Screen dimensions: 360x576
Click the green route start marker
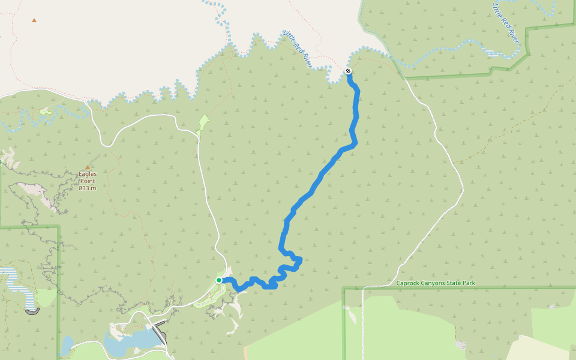[220, 280]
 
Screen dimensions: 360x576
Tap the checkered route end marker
[348, 71]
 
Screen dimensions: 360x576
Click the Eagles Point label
[88, 174]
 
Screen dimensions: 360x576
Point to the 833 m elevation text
[88, 188]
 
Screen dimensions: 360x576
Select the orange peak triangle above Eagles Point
[88, 167]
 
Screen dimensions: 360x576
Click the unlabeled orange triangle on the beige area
[34, 20]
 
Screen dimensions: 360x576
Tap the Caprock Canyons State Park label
[436, 283]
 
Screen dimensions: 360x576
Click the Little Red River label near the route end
[298, 48]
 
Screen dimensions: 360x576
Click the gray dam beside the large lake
[160, 332]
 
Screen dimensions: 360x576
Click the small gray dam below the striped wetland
[32, 311]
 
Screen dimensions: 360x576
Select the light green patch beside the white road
[203, 124]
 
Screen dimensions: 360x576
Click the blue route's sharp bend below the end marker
[354, 143]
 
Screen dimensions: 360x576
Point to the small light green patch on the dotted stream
[46, 111]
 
